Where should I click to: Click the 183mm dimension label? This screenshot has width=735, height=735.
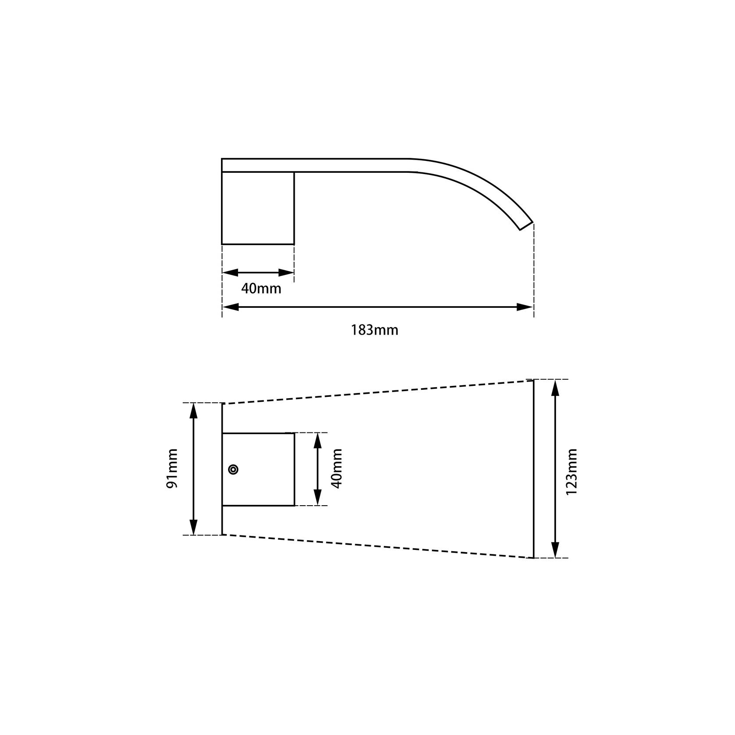(375, 330)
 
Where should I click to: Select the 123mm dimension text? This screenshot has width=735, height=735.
(571, 471)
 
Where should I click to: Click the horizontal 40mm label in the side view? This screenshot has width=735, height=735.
(261, 289)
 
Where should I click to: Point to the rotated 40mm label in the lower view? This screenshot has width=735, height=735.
(336, 468)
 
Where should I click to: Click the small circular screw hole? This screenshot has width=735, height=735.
(234, 470)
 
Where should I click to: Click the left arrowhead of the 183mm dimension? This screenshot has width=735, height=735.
(231, 307)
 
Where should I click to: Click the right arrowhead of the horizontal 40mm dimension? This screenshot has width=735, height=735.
(285, 273)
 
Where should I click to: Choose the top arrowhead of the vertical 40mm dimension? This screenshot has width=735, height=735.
(318, 441)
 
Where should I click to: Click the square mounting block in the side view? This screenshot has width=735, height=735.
(258, 208)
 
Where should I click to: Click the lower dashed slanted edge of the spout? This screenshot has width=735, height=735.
(377, 546)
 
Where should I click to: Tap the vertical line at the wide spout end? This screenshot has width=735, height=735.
(534, 469)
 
